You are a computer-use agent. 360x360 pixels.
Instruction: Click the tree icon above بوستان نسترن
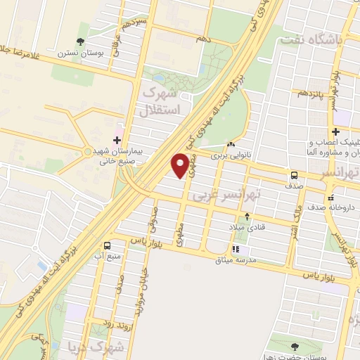pyautogui.click(x=82, y=41)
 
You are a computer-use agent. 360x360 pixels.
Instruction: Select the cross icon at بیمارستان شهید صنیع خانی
pyautogui.click(x=117, y=141)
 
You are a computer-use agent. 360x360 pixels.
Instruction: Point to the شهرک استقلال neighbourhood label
pyautogui.click(x=161, y=101)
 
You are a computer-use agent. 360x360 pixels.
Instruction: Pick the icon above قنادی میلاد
pyautogui.click(x=247, y=217)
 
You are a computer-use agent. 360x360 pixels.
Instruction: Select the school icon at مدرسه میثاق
pyautogui.click(x=236, y=248)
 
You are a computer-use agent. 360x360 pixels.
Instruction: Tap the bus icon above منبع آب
pyautogui.click(x=108, y=245)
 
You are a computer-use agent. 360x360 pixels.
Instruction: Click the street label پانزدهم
pyautogui.click(x=311, y=92)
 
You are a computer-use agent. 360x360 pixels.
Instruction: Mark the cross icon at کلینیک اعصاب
pyautogui.click(x=336, y=131)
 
